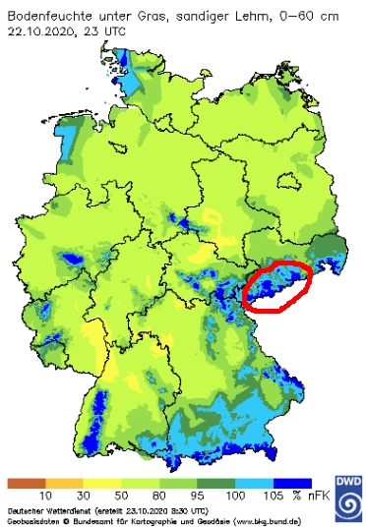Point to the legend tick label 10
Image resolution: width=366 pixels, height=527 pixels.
pos(42,497)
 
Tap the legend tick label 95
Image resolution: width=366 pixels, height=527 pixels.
pos(196,497)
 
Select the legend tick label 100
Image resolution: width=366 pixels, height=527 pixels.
pos(234,497)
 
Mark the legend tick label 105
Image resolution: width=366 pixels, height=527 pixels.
pos(272,497)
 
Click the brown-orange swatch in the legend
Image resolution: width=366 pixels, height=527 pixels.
pos(24,484)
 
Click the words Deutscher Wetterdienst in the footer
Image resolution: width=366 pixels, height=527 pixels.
pos(45,510)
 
